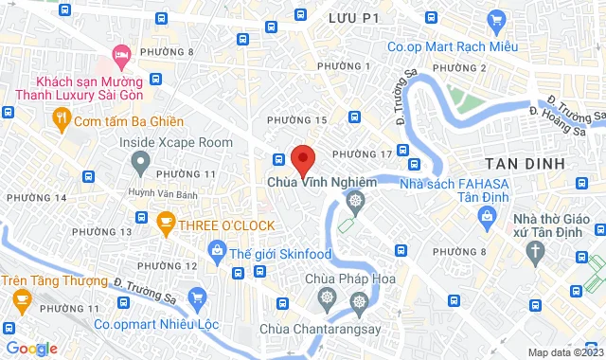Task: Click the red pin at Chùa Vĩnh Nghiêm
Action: click(x=302, y=159)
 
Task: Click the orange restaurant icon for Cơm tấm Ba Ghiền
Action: click(x=61, y=120)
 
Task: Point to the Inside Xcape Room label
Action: click(x=176, y=142)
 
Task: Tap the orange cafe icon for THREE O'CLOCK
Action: click(x=167, y=225)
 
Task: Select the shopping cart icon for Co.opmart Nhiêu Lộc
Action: click(x=198, y=297)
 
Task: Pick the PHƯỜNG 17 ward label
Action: click(x=363, y=153)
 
